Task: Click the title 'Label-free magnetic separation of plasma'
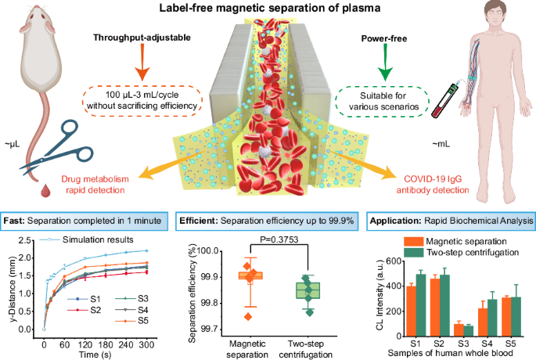(x=268, y=9)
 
